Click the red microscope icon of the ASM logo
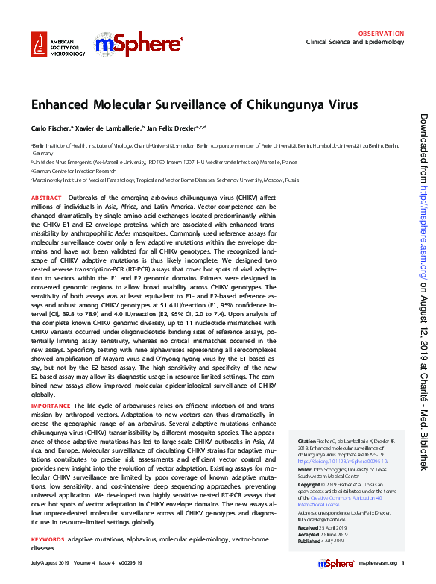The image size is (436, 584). pos(39,45)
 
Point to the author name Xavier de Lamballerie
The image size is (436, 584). pos(109,129)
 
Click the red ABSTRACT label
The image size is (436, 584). pos(46,198)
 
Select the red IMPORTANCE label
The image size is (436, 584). pos(50,406)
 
